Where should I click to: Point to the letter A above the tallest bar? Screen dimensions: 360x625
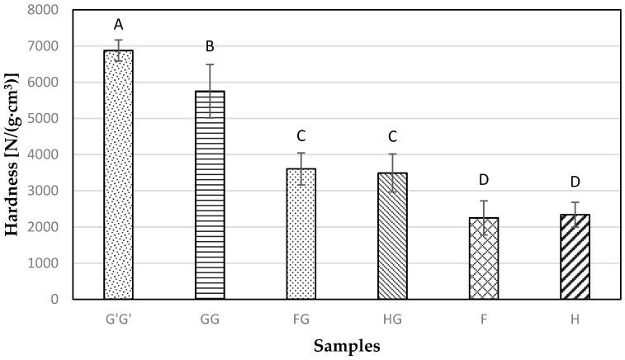point(118,25)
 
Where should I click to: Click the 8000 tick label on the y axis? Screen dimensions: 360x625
point(48,10)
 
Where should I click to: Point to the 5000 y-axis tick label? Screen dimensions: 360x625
point(48,118)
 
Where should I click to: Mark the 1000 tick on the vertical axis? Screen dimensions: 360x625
point(48,263)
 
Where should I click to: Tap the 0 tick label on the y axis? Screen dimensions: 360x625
point(58,299)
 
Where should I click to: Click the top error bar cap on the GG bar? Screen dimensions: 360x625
point(210,64)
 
